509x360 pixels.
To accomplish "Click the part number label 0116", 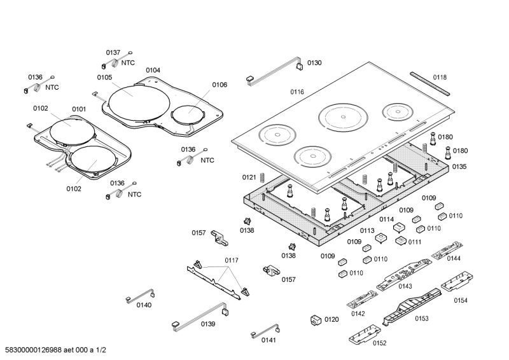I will [297, 92].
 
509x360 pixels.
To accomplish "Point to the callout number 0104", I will [153, 70].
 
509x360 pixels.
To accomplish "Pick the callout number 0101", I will [78, 109].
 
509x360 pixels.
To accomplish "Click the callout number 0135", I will [459, 166].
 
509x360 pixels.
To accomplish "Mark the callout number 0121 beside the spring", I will [249, 177].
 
